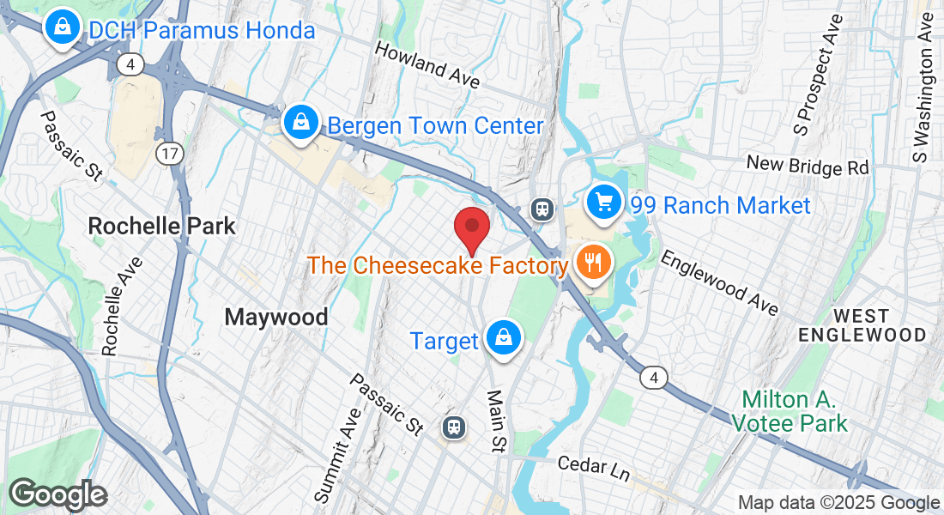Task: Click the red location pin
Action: coord(471,228)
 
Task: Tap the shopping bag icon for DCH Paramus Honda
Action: coord(63,28)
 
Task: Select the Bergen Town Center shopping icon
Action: coord(301,123)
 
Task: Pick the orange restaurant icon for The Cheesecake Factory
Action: coord(592,262)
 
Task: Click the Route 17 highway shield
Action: coord(167,154)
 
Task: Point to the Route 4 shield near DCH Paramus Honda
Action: coord(131,64)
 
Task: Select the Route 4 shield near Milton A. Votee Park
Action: coord(655,377)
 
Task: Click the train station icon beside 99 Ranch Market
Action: coord(542,209)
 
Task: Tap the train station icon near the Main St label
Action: coord(453,427)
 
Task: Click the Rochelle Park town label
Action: coord(162,227)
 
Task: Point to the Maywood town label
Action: coord(276,318)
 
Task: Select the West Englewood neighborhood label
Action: coord(867,324)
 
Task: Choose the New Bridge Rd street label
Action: coord(808,166)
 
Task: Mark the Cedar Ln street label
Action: coord(594,469)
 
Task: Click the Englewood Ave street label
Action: coord(720,282)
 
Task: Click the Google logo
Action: coord(57,494)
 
